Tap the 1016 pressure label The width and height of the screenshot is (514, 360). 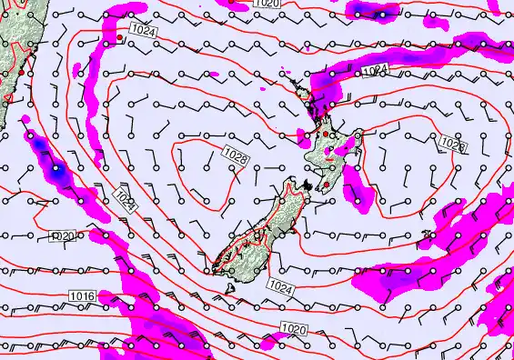click(82, 297)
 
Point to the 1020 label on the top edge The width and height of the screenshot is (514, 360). click(267, 4)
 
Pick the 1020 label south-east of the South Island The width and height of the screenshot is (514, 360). click(293, 328)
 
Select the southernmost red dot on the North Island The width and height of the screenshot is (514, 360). click(327, 184)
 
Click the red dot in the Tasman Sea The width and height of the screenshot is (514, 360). click(120, 40)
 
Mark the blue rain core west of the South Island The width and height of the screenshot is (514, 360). click(56, 168)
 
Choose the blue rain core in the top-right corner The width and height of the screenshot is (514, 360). click(382, 15)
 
